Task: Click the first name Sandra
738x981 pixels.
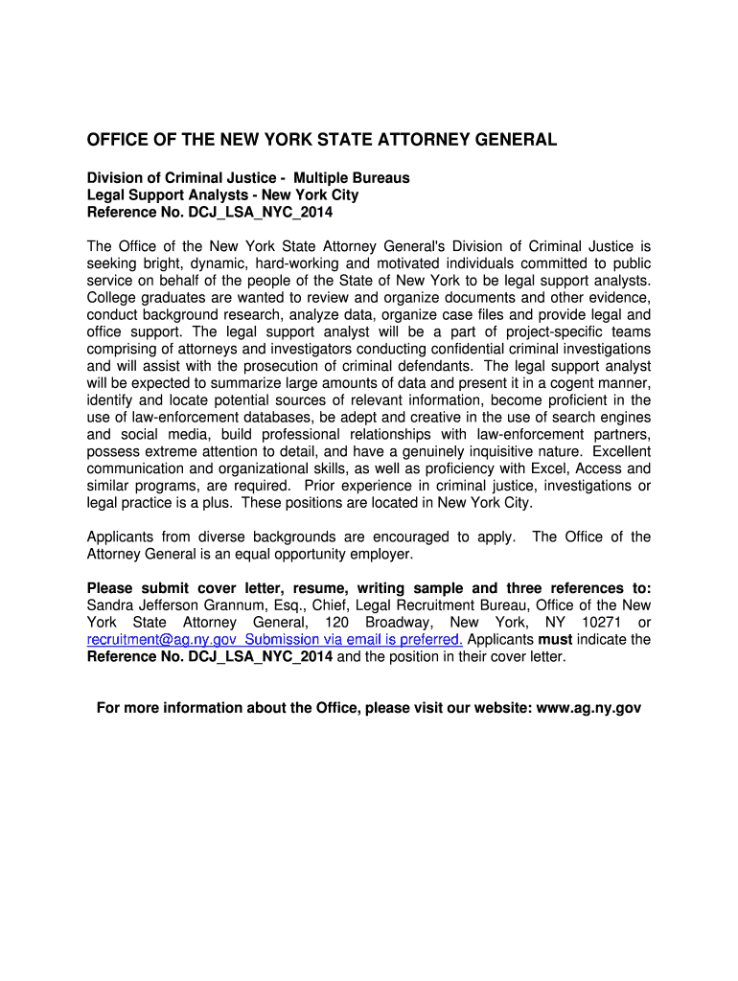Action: click(x=110, y=605)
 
